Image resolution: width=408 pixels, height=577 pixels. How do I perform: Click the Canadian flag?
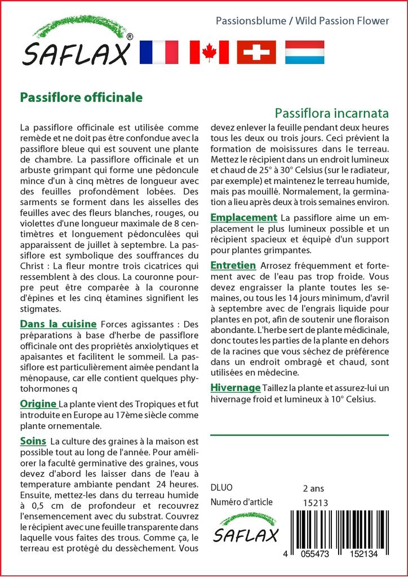click(209, 52)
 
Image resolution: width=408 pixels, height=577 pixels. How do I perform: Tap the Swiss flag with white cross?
click(256, 52)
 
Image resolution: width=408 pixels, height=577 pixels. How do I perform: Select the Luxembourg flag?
click(304, 52)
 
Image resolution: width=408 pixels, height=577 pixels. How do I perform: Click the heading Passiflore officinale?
click(81, 97)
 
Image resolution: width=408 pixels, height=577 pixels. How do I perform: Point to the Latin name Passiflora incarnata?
click(332, 113)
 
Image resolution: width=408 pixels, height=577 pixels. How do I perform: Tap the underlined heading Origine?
click(38, 404)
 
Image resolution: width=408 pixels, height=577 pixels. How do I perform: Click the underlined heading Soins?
click(33, 440)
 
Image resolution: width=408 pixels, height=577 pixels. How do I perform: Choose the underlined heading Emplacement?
click(243, 218)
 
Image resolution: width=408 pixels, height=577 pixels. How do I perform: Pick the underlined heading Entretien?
click(233, 265)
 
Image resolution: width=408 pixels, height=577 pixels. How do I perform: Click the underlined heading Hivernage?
click(235, 388)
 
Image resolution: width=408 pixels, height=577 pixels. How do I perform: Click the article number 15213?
click(315, 503)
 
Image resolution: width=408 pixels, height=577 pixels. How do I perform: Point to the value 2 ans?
click(313, 488)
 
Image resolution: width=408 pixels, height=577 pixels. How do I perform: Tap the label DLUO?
click(221, 488)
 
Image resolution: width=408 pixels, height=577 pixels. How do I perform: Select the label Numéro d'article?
click(241, 503)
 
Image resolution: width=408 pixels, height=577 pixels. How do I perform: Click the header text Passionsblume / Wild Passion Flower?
click(302, 21)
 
